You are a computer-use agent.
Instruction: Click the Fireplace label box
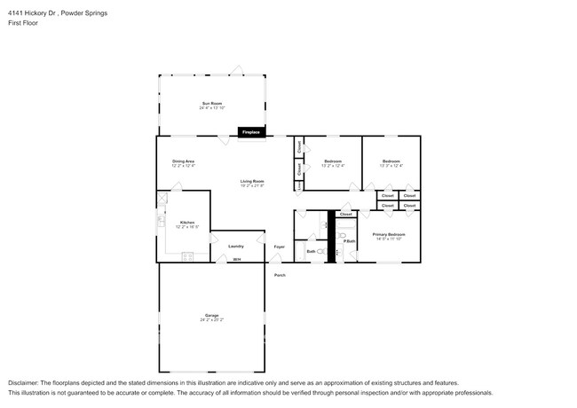point(251,132)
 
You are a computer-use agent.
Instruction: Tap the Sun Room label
point(210,103)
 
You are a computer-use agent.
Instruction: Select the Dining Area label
point(184,161)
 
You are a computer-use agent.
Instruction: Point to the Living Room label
point(252,182)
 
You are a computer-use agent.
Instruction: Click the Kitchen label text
point(187,222)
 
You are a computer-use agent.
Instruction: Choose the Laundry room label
point(235,246)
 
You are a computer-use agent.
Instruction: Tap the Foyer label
point(279,246)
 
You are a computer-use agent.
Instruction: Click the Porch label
point(279,275)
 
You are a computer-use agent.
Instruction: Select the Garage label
point(211,315)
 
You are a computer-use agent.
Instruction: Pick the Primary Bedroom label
point(389,234)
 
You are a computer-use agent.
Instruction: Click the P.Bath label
point(349,240)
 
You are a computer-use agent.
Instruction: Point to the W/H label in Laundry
point(236,259)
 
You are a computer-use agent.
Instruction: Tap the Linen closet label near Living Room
point(299,185)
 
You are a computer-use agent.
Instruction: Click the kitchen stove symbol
point(187,257)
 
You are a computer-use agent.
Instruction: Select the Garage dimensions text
point(211,319)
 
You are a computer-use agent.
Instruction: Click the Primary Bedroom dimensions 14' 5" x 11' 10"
point(389,239)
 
